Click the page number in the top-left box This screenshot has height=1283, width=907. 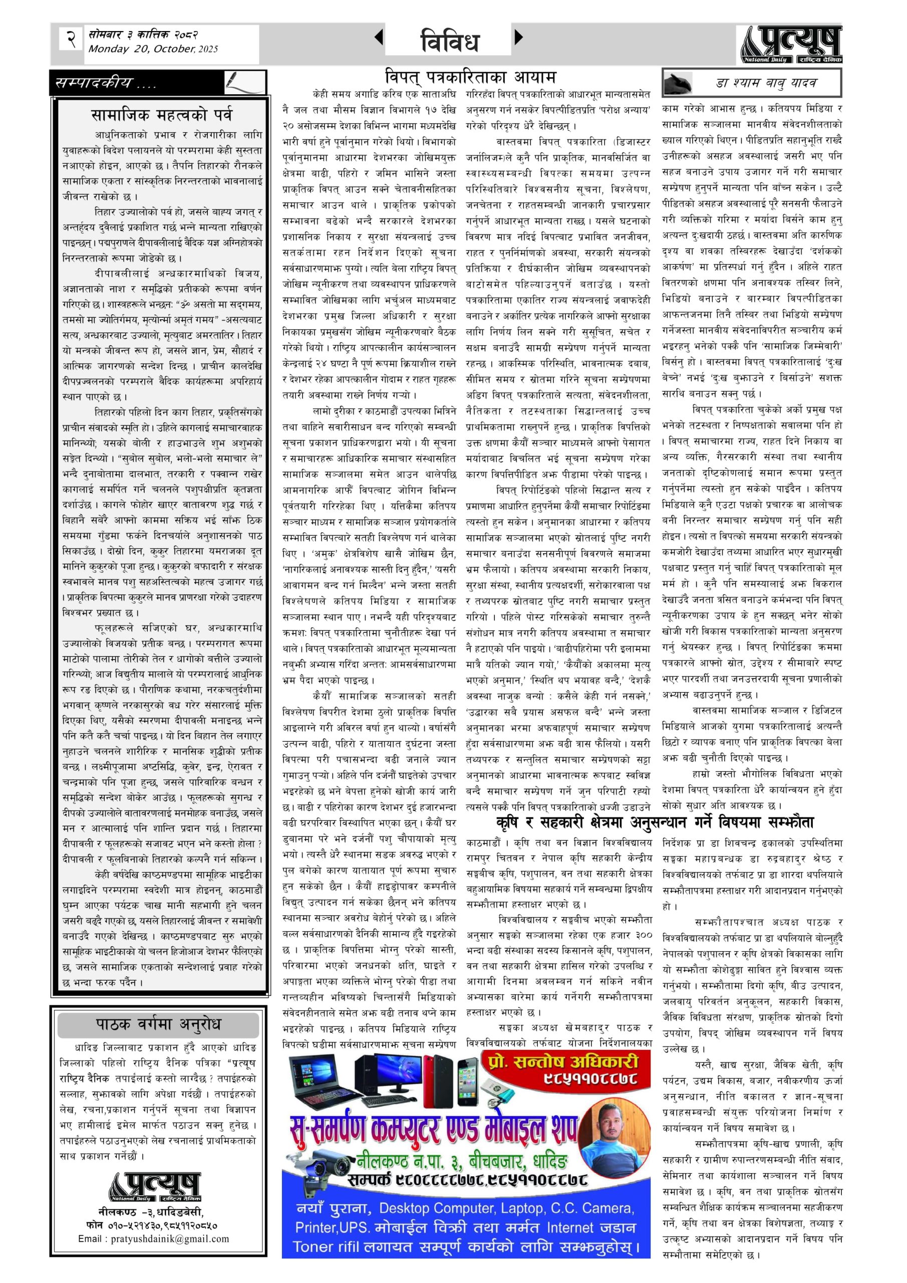(71, 40)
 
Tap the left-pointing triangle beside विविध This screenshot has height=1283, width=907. (379, 38)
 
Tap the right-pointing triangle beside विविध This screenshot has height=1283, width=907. (519, 38)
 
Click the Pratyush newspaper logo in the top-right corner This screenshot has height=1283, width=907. (792, 44)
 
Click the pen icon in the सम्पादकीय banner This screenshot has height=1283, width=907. (244, 82)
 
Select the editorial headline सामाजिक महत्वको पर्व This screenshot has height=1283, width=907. (161, 116)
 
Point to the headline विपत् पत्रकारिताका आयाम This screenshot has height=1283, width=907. (470, 77)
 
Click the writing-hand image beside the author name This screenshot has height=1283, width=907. (678, 83)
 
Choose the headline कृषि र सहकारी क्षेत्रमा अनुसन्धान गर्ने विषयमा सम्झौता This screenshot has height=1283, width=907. (655, 822)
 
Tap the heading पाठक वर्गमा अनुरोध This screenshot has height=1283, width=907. (159, 1024)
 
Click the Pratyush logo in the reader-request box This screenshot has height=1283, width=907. (155, 1186)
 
